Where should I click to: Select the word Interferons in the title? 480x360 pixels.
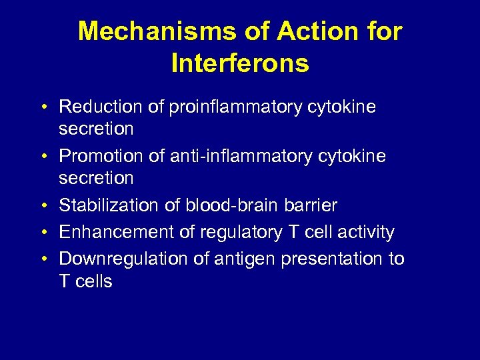(240, 63)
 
